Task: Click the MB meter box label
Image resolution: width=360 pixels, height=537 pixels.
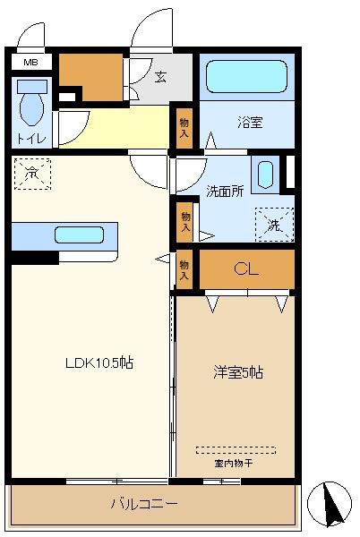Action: click(x=30, y=63)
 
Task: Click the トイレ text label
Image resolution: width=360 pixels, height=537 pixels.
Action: click(x=31, y=139)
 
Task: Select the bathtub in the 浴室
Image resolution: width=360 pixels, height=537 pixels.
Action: click(x=246, y=76)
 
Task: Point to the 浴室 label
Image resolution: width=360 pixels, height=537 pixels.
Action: click(x=250, y=122)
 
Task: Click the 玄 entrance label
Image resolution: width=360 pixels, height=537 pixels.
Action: click(x=160, y=77)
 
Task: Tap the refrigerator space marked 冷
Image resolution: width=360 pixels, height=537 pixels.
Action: click(x=32, y=174)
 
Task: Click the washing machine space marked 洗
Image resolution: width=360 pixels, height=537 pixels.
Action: click(x=275, y=225)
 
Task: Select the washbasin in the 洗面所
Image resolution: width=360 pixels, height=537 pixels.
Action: click(x=265, y=175)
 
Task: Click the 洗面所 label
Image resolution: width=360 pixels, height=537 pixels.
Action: click(x=225, y=192)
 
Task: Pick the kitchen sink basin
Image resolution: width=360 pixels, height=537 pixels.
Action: click(x=79, y=234)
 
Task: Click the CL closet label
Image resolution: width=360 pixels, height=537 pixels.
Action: click(x=246, y=269)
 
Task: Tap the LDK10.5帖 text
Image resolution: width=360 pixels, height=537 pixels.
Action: click(x=99, y=363)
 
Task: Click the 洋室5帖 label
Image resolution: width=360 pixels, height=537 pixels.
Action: click(x=238, y=372)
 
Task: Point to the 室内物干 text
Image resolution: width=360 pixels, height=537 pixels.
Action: click(x=234, y=464)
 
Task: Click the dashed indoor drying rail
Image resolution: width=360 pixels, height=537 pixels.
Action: click(x=236, y=450)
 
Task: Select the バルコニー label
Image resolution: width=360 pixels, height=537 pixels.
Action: click(x=144, y=504)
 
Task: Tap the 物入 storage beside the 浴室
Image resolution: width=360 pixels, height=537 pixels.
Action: click(x=184, y=128)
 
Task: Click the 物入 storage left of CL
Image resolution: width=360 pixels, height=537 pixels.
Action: click(x=184, y=270)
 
